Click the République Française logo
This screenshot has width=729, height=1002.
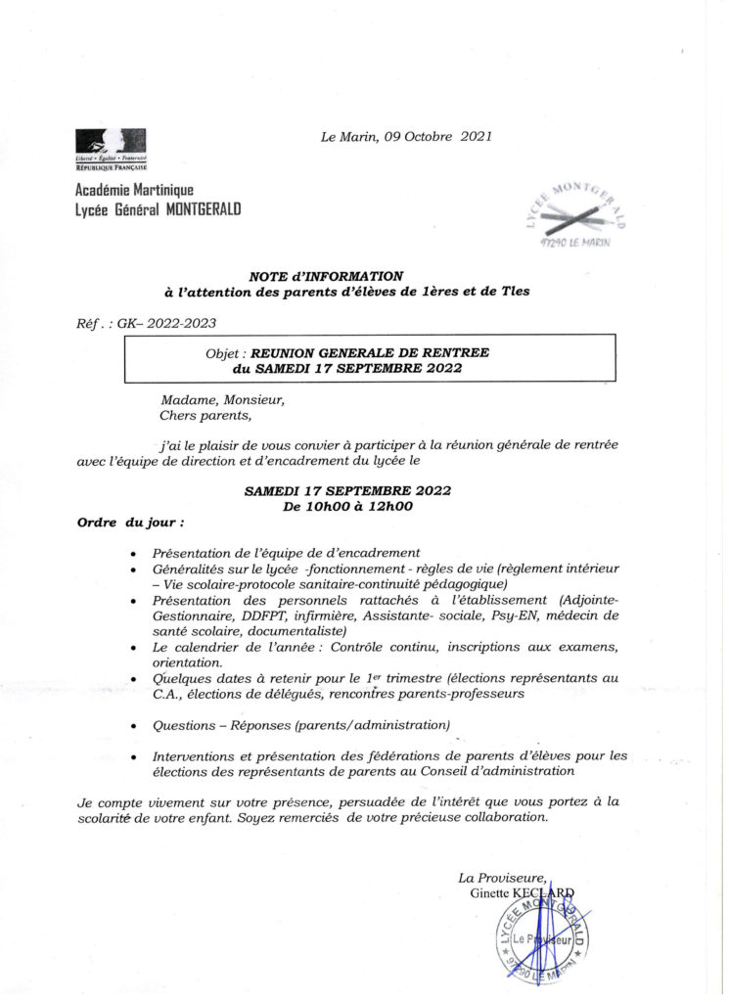(111, 150)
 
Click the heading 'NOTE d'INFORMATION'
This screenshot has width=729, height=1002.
(326, 276)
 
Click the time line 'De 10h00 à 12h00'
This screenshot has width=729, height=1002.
(347, 506)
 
